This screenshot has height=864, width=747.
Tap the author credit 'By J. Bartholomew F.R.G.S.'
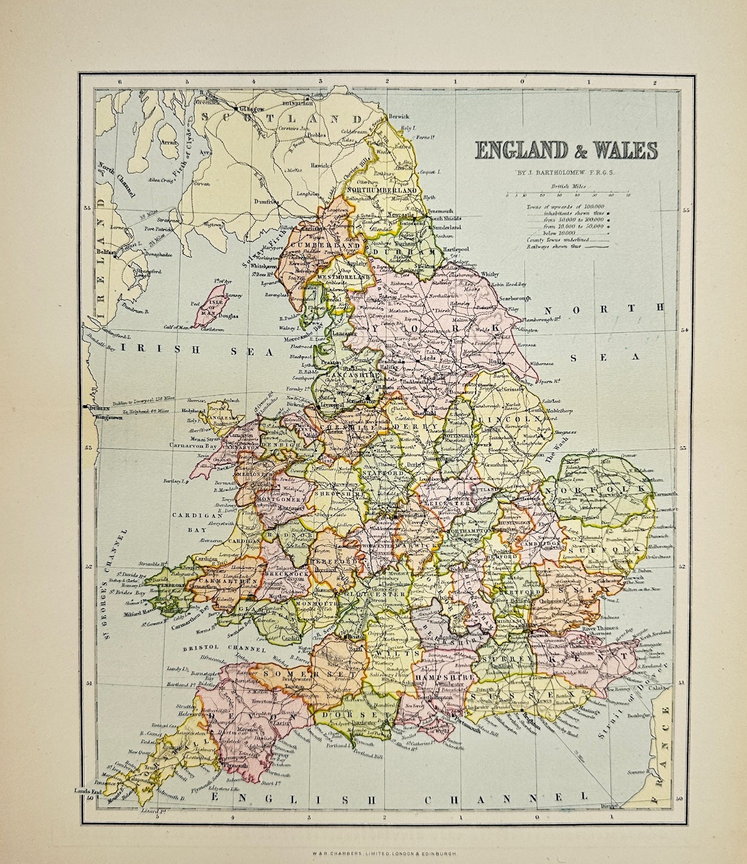click(x=567, y=174)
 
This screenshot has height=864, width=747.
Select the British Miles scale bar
click(x=567, y=193)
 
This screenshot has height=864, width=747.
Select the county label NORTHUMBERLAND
click(x=382, y=190)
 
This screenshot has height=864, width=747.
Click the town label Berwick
click(x=398, y=116)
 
